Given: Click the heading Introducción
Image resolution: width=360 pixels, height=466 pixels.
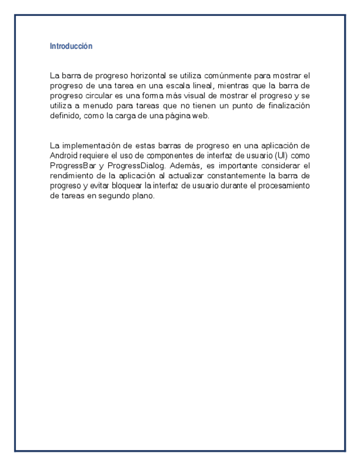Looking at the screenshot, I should click(x=71, y=46).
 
